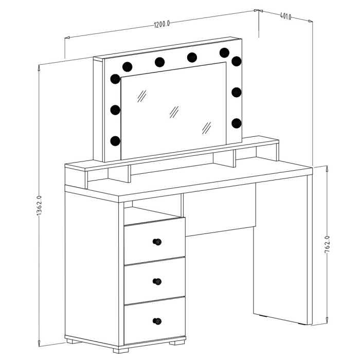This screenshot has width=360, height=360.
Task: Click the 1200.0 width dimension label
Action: tap(162, 24)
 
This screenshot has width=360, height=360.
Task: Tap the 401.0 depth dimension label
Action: tap(285, 16)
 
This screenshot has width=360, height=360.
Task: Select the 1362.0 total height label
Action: tap(39, 206)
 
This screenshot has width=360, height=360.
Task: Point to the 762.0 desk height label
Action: tap(327, 244)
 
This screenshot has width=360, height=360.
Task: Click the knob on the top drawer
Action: tap(157, 242)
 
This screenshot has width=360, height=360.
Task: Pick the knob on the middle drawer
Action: tap(157, 281)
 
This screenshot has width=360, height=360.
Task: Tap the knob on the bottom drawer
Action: tap(157, 321)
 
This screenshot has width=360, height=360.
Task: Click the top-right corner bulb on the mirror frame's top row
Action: tap(224, 52)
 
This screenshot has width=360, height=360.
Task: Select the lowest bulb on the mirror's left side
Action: tap(115, 141)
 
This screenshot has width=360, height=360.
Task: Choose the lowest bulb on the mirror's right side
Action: tap(237, 123)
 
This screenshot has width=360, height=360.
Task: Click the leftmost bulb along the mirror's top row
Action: tap(127, 67)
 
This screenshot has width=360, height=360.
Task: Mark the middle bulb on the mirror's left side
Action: tap(115, 110)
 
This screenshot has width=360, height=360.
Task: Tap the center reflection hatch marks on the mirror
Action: tap(174, 112)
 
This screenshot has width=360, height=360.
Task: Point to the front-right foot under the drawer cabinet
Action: tap(177, 343)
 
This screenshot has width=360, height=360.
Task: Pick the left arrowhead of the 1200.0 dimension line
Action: tap(67, 38)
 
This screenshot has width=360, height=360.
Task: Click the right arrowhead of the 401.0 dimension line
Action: tap(311, 21)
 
